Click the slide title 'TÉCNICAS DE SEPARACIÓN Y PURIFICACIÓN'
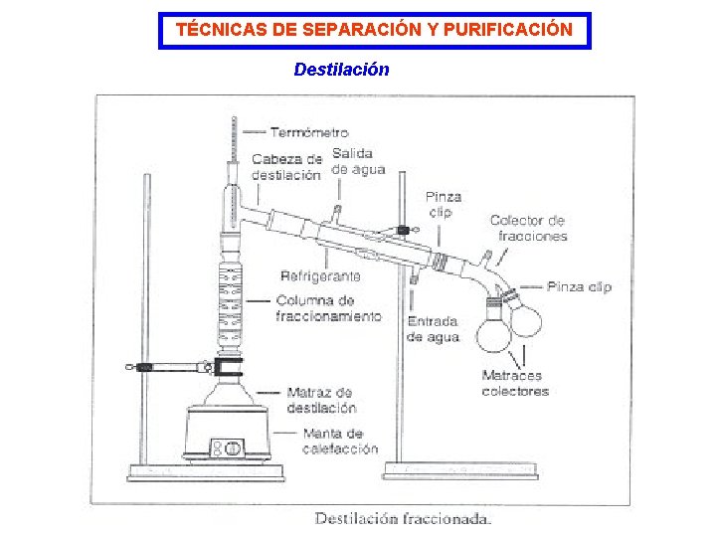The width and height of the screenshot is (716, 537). point(374,30)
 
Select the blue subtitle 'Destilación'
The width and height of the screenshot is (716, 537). point(341,70)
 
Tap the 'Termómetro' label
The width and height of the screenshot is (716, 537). point(309,132)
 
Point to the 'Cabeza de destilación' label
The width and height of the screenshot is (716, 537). point(286,166)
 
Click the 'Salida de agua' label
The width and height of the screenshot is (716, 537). point(357,161)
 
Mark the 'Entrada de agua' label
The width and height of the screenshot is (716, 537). point(433,329)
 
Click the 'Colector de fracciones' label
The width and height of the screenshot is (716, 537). point(528,228)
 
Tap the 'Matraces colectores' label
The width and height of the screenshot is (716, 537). point(515,383)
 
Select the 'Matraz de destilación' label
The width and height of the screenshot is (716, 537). point(320,400)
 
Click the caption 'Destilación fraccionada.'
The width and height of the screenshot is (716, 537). point(403,518)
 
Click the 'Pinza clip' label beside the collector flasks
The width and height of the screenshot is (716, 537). point(593,286)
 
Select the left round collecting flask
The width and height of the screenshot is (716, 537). point(493,333)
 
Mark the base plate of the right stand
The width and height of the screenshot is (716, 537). point(460,471)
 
